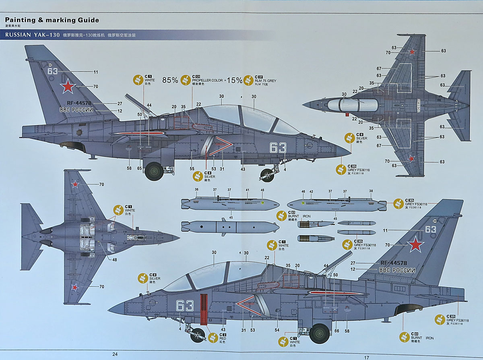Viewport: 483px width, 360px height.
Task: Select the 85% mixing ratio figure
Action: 170,80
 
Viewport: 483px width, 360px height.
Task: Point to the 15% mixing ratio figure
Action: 235,80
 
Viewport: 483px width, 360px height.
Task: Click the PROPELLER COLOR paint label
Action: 207,80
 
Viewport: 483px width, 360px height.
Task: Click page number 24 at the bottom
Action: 115,354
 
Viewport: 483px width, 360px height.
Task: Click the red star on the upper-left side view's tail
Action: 69,86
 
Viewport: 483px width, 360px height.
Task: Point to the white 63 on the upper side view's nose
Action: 278,148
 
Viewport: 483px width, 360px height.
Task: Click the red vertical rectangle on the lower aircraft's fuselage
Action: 203,309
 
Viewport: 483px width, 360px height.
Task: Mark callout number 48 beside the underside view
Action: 115,260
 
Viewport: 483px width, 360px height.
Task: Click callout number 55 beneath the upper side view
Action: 192,168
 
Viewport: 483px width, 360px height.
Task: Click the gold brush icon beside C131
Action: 186,79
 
